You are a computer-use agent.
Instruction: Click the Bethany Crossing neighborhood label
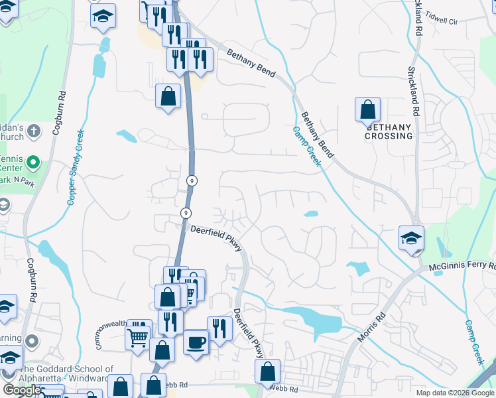[389, 131]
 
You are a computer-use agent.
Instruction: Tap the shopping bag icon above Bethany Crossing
[367, 109]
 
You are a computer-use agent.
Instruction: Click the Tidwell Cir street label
[442, 17]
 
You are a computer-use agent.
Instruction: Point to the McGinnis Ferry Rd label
[462, 266]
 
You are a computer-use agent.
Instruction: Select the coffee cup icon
[196, 342]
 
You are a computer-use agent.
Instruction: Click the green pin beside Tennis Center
[37, 162]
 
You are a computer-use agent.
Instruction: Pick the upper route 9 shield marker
[191, 180]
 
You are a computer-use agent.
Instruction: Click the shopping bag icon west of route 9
[168, 96]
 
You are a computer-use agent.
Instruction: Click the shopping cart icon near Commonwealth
[138, 336]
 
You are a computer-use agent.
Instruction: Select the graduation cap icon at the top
[103, 16]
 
